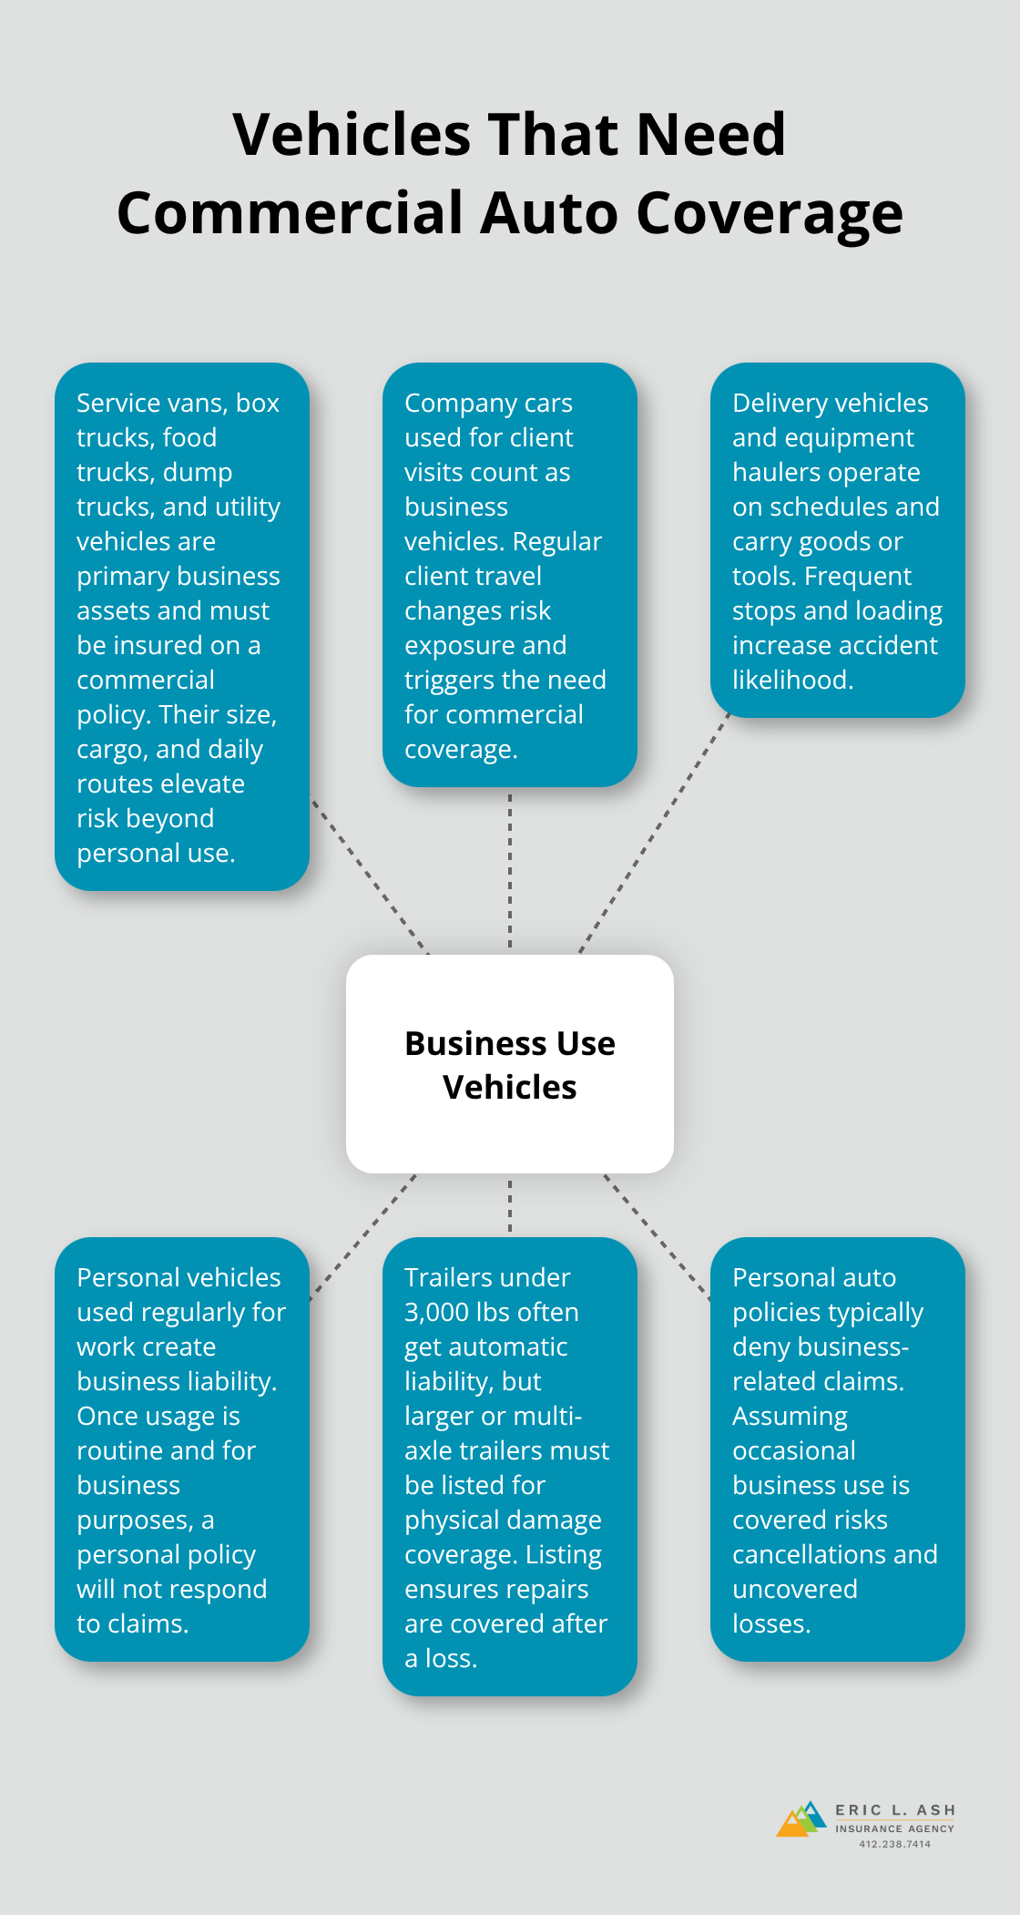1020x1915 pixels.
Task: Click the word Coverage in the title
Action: point(770,213)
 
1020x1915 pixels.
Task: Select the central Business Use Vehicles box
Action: point(510,1063)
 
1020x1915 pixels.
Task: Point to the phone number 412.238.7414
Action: point(894,1844)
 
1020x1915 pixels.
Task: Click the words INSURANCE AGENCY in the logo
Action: point(894,1828)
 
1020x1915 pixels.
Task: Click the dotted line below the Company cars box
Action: point(510,870)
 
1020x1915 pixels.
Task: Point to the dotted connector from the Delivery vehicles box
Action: point(656,834)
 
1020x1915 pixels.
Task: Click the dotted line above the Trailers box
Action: point(510,1205)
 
